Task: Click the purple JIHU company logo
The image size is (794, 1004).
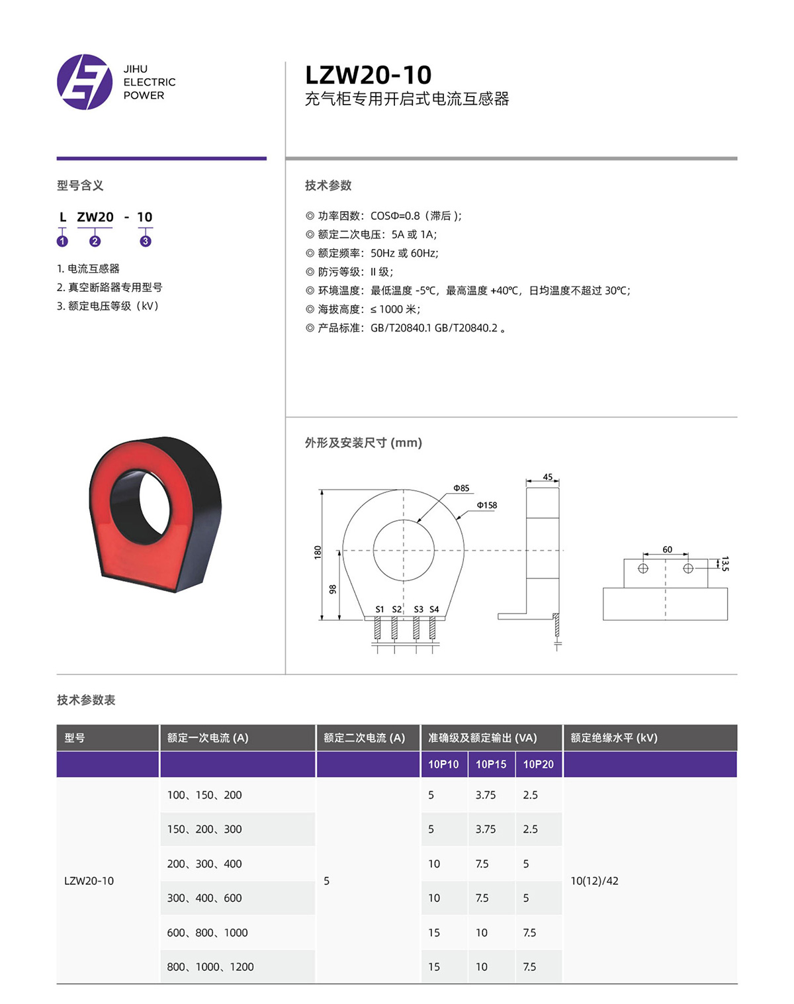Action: pos(85,82)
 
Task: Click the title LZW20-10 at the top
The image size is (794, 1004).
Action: pos(368,75)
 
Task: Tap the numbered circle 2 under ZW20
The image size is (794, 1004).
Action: pos(95,242)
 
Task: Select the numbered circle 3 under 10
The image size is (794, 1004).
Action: pos(146,242)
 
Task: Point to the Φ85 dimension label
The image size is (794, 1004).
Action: pos(461,488)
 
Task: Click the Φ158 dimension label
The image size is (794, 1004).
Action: pos(487,506)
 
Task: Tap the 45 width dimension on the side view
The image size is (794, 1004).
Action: pos(547,477)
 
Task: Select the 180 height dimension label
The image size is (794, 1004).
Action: pos(318,552)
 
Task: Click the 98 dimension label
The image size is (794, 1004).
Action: pos(333,589)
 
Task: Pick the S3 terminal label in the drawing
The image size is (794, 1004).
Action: pos(418,610)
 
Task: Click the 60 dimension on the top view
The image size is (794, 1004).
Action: pos(667,550)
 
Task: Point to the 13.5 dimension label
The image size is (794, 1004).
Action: pos(725,564)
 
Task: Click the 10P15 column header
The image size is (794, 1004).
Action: pos(491,764)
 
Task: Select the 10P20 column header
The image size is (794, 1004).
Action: pos(539,764)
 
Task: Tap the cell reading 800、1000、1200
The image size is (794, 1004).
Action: pos(210,967)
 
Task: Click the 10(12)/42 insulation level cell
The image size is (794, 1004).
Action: pos(594,881)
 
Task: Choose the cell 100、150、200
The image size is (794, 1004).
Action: pos(204,795)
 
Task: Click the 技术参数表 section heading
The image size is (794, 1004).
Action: pos(86,700)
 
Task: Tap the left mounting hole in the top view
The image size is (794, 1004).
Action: pos(643,569)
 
